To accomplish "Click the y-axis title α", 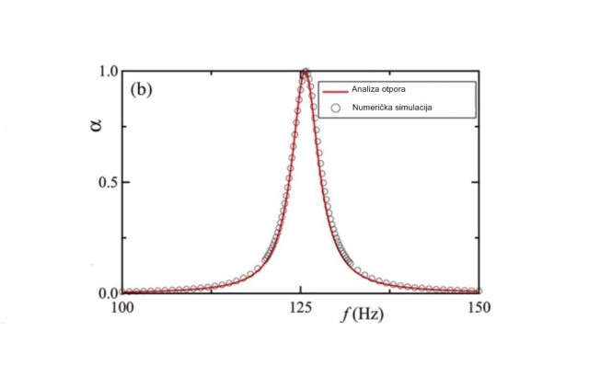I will coord(95,122).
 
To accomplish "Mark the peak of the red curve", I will coord(305,73).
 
